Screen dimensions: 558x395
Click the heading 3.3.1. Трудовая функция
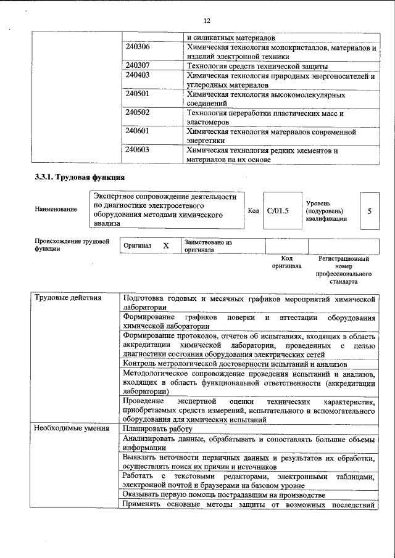75,178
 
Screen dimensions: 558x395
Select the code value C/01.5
277,211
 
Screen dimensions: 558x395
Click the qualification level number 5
369,211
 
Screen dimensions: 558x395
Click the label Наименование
56,210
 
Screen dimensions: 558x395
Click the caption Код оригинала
286,263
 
